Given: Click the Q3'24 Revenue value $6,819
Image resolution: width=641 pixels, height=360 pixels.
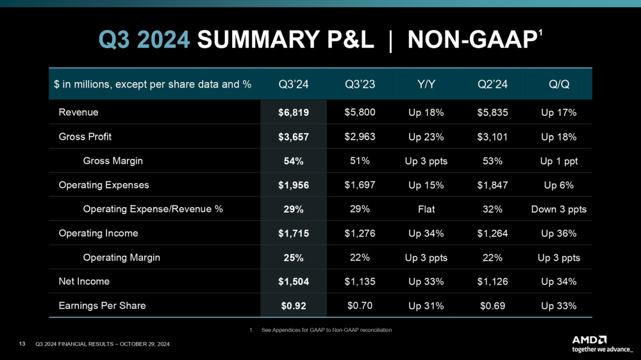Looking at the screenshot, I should [294, 113].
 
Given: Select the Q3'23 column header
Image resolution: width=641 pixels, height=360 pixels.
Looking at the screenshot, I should [360, 84].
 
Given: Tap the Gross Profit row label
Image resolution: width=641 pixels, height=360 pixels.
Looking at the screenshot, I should [86, 137].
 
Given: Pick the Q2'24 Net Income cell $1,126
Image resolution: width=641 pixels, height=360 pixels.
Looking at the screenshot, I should [492, 281].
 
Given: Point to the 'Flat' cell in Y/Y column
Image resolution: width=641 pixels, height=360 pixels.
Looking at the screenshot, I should [426, 209].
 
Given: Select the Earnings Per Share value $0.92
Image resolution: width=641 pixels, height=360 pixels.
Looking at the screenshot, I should [294, 306].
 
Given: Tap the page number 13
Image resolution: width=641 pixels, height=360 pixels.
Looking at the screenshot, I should [22, 345].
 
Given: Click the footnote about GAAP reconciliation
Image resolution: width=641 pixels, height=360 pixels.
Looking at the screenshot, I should [320, 330].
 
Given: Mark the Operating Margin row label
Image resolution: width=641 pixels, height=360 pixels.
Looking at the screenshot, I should [122, 258].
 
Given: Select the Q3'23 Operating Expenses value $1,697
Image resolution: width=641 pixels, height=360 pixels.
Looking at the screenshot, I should [360, 185].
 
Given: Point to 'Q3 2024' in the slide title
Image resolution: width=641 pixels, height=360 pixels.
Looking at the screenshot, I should [144, 40].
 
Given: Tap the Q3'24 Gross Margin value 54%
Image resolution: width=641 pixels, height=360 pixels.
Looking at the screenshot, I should [294, 161].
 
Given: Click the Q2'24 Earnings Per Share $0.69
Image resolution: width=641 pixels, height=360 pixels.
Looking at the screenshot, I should [492, 306].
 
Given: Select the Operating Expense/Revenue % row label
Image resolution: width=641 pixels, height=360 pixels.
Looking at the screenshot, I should [153, 209].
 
